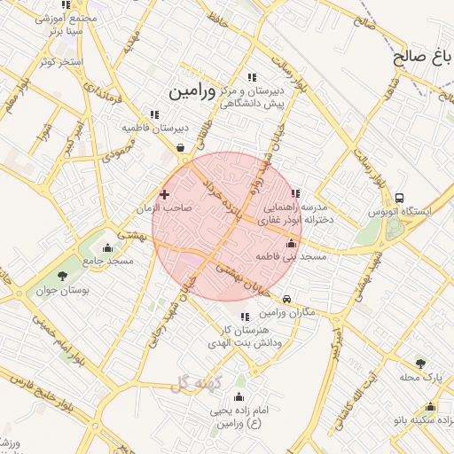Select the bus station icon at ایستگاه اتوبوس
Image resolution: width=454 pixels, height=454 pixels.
[x=400, y=199]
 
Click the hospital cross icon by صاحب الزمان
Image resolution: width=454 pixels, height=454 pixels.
[x=164, y=193]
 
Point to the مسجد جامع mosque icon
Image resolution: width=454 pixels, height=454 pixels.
[x=108, y=248]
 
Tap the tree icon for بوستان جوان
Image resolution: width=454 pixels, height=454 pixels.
[x=61, y=277]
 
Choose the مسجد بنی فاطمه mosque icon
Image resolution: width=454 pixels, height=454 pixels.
[x=292, y=243]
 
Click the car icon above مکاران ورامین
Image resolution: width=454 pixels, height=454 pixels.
[x=286, y=299]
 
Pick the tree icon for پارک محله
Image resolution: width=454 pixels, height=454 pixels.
[x=420, y=363]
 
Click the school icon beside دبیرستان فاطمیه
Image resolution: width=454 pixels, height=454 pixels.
[x=155, y=114]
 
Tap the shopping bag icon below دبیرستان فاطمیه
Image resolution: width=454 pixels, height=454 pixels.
[x=182, y=148]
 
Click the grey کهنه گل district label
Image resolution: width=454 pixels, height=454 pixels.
[x=198, y=382]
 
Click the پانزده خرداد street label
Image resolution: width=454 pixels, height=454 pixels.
[x=222, y=200]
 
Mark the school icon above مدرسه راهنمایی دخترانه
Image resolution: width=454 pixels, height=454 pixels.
[x=296, y=192]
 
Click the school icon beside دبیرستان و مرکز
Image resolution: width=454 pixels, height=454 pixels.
[x=253, y=78]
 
